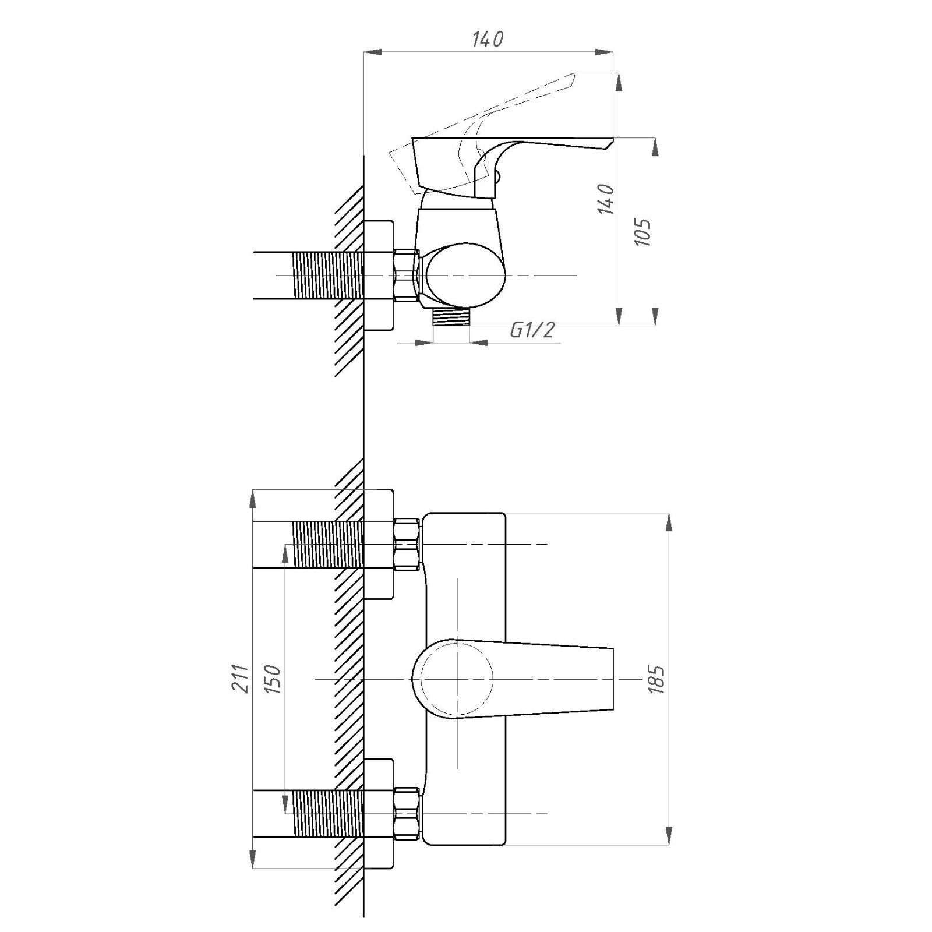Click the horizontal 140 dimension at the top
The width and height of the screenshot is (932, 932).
pos(488,40)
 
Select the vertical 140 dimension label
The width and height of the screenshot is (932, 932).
pos(606,199)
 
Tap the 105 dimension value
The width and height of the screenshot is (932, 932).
pos(642,232)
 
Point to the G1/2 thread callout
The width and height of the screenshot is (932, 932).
pos(532,330)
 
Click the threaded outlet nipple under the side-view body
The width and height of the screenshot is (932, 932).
pos(451,317)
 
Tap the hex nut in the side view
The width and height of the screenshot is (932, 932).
pos(407,276)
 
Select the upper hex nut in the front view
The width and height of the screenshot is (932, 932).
pos(407,544)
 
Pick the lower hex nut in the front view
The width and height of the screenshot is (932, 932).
pos(407,813)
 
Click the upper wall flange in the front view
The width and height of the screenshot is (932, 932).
pos(379,545)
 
